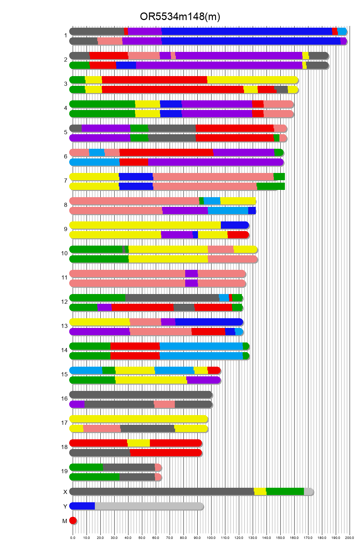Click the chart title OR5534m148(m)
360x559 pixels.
click(180, 17)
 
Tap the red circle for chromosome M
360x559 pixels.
click(73, 521)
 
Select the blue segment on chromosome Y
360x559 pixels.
click(82, 506)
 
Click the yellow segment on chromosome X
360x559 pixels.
click(260, 492)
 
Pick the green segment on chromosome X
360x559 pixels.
click(285, 492)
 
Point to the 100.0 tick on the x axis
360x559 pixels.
click(211, 538)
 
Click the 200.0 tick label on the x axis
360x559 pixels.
click(350, 538)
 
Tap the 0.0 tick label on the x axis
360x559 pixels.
click(73, 538)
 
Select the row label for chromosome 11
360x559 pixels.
click(64, 277)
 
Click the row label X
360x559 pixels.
click(65, 492)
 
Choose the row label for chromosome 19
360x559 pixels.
click(64, 471)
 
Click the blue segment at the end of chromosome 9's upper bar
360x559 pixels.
click(234, 225)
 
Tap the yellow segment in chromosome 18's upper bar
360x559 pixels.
click(138, 443)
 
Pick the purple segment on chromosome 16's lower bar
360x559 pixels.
click(77, 404)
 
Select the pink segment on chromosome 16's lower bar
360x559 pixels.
click(164, 404)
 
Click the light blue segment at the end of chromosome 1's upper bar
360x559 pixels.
click(342, 31)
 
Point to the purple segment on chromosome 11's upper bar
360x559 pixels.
click(191, 274)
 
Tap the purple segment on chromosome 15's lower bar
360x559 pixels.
click(204, 380)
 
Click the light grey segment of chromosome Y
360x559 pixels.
click(149, 506)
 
